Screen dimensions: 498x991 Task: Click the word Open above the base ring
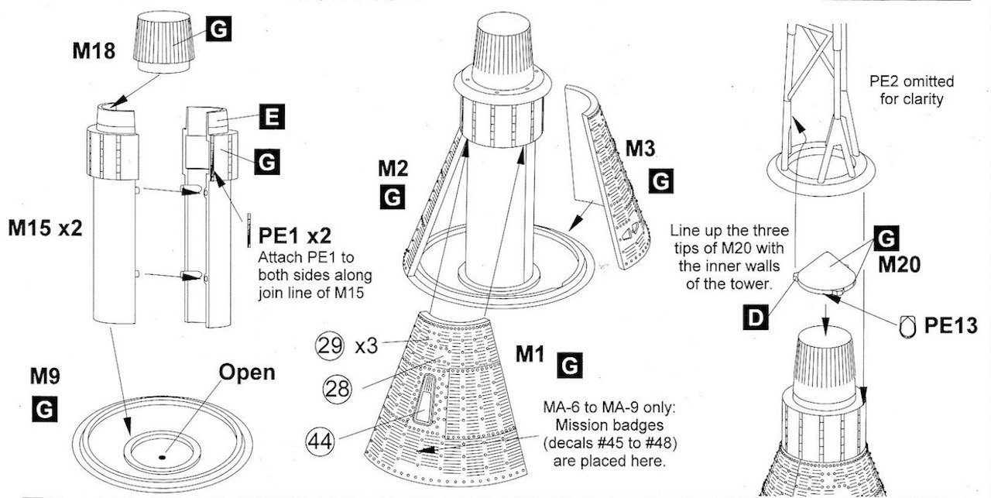tap(247, 372)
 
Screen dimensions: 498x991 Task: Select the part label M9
tap(46, 377)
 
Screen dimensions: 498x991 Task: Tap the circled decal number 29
tap(327, 345)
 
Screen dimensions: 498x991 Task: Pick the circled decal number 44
tap(322, 441)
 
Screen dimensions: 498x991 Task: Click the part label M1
tap(533, 355)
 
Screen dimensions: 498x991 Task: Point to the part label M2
tap(394, 168)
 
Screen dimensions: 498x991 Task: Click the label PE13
tap(951, 325)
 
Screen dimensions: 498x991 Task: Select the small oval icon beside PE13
tap(907, 327)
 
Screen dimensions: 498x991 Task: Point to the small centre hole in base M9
tap(162, 457)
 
